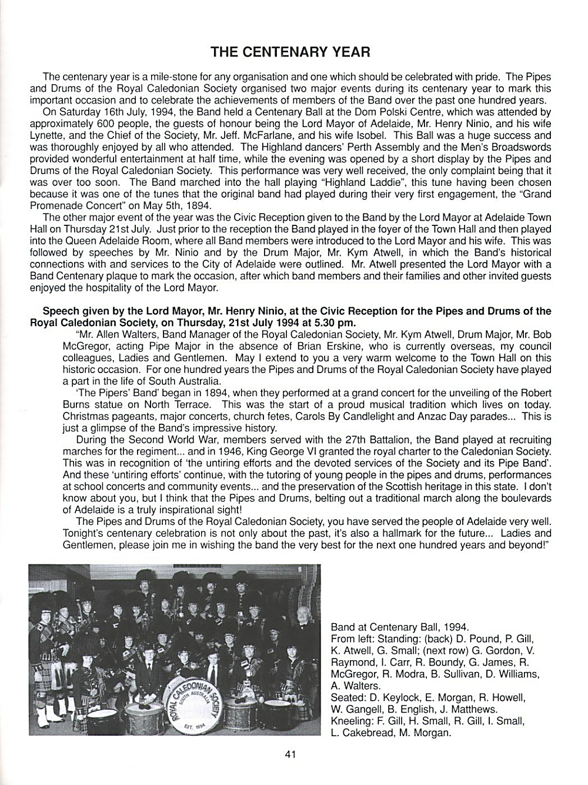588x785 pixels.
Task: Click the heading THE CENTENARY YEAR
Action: click(x=290, y=52)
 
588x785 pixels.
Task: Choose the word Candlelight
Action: click(x=380, y=417)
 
